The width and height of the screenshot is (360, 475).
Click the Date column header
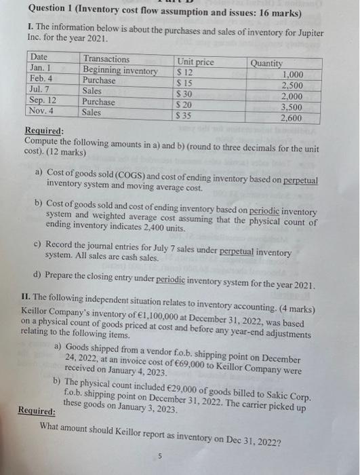pos(39,58)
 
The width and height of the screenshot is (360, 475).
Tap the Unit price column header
pos(195,62)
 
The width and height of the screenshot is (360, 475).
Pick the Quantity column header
pos(266,63)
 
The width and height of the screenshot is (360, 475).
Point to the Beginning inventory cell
pos(120,71)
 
